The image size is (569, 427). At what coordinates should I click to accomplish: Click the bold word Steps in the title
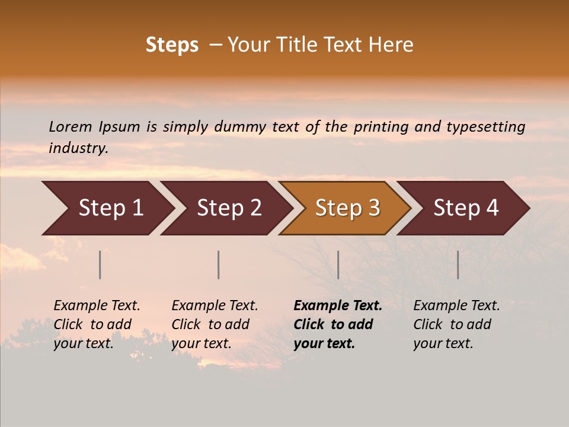(172, 45)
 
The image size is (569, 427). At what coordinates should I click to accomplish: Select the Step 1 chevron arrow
(107, 208)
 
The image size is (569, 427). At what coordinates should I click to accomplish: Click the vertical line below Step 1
(100, 265)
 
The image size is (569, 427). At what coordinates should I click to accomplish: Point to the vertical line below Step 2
(219, 265)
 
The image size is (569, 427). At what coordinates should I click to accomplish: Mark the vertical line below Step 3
(338, 265)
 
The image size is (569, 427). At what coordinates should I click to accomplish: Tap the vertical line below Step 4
(458, 265)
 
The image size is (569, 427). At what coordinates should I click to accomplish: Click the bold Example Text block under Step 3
(337, 324)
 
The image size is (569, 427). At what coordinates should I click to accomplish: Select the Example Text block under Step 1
(97, 324)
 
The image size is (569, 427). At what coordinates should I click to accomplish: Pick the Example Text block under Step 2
(215, 324)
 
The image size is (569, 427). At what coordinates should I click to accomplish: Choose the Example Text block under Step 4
(456, 324)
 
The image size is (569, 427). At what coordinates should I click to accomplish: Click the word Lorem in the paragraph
(71, 126)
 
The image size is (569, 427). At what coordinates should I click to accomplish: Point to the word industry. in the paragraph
(79, 148)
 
